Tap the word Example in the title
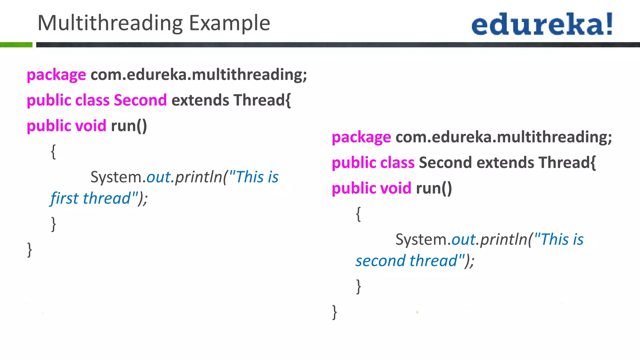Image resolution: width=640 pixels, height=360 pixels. (230, 23)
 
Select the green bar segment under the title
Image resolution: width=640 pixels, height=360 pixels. (16, 45)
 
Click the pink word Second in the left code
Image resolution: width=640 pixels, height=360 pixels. (140, 100)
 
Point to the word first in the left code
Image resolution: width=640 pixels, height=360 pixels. (64, 198)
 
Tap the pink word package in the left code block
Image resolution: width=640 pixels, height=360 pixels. (56, 75)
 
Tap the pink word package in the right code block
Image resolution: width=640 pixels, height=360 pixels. (361, 137)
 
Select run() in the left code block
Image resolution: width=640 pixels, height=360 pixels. (129, 126)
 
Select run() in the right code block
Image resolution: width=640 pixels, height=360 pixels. (434, 188)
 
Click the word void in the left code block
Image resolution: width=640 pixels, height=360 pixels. (91, 126)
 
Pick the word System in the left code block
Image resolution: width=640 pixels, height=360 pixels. (117, 177)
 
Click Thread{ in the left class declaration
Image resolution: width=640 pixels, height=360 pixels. (262, 100)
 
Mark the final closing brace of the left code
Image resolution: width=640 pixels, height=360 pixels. (30, 250)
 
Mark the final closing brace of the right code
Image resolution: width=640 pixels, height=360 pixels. (335, 312)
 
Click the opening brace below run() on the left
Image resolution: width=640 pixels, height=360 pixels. (53, 152)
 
